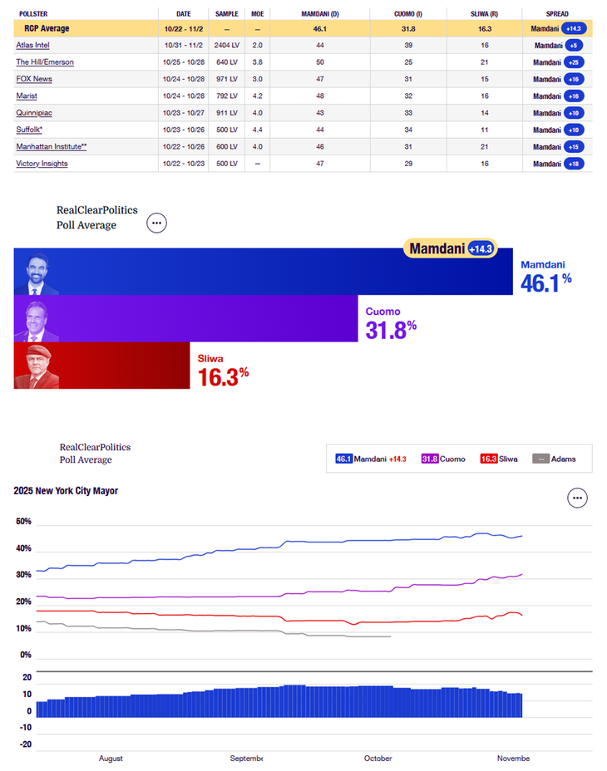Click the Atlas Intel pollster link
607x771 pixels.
[33, 45]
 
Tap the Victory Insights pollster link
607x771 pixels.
[42, 164]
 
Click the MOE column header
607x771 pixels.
[258, 14]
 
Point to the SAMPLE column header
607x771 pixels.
[226, 14]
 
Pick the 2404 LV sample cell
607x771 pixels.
[226, 45]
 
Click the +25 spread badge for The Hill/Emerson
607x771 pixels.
[574, 62]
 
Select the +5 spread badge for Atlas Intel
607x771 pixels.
[574, 45]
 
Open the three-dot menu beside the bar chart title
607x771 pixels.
[156, 223]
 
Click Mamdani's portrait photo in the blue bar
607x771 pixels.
[37, 273]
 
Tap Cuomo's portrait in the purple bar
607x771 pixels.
[37, 320]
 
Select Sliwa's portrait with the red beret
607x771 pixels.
[37, 366]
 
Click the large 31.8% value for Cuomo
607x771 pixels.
[391, 330]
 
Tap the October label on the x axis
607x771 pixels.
[378, 758]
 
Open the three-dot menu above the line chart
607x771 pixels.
[578, 498]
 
